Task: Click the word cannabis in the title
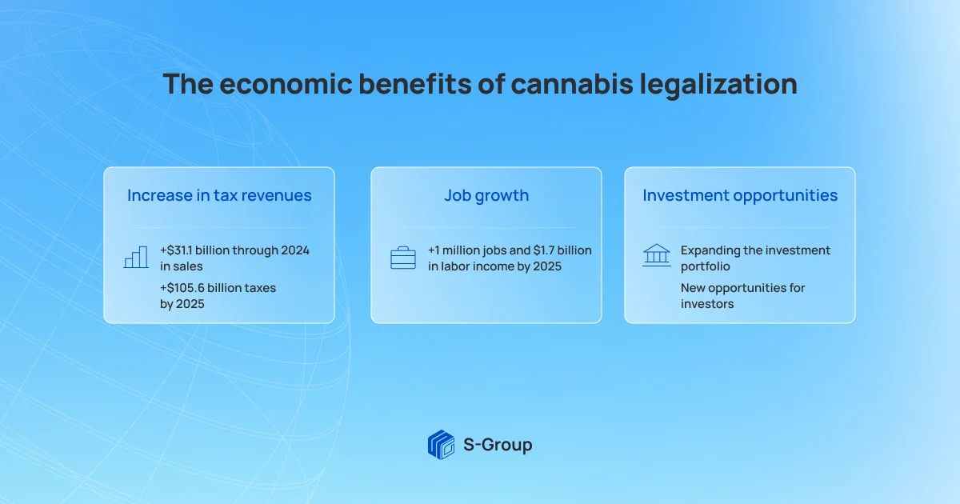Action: [572, 83]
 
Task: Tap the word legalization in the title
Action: [718, 85]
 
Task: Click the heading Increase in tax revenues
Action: [219, 195]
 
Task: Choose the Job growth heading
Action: [486, 196]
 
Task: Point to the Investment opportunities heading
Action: [740, 196]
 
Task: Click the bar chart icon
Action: [136, 257]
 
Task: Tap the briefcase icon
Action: [403, 258]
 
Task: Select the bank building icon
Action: [657, 255]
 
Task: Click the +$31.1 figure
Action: [176, 250]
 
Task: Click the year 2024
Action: [295, 250]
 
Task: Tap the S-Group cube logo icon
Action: [441, 445]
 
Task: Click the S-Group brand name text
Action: [498, 446]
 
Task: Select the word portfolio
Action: [706, 266]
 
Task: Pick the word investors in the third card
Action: [707, 304]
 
